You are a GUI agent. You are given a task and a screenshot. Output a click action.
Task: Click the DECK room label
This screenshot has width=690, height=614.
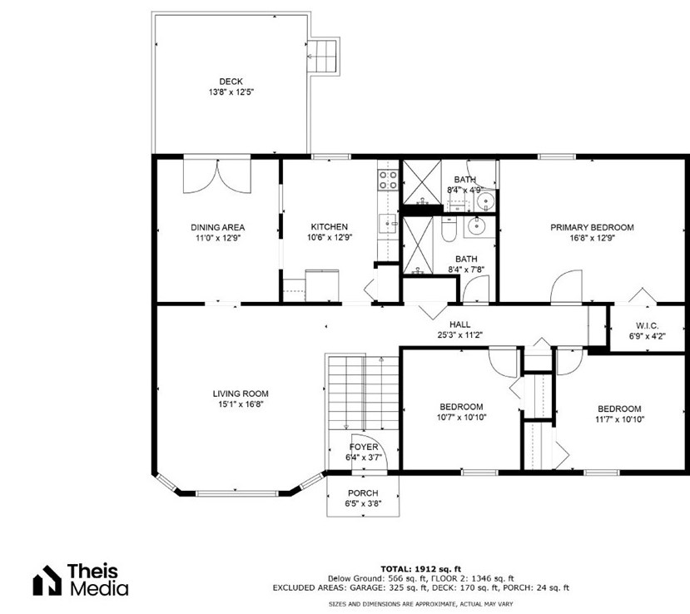pyautogui.click(x=231, y=82)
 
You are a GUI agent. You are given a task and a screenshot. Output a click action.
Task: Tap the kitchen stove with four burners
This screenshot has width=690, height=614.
pyautogui.click(x=388, y=181)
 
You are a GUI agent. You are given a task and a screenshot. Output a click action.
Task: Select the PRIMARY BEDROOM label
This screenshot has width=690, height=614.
pyautogui.click(x=592, y=227)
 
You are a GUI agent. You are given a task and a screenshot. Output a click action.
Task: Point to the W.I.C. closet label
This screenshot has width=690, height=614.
pyautogui.click(x=647, y=326)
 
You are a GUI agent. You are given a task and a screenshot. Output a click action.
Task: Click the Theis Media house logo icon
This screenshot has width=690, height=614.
pyautogui.click(x=47, y=580)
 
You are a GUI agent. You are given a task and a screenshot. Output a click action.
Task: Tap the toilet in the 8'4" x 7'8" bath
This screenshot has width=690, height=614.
pyautogui.click(x=449, y=229)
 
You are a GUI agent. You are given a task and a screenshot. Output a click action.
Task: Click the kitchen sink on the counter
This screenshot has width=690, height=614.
pyautogui.click(x=388, y=224)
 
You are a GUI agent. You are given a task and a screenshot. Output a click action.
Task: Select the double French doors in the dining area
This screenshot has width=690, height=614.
pyautogui.click(x=217, y=176)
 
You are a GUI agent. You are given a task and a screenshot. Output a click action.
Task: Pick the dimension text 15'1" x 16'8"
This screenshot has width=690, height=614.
pyautogui.click(x=241, y=404)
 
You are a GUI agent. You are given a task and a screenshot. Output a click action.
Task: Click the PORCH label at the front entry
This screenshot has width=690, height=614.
pyautogui.click(x=363, y=493)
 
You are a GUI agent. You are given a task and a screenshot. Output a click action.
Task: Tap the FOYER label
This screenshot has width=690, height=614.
pyautogui.click(x=364, y=448)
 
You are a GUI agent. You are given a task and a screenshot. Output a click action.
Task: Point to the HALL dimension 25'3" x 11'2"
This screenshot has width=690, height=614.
pyautogui.click(x=459, y=335)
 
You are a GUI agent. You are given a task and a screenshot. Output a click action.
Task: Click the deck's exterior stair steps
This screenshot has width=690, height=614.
pyautogui.click(x=322, y=56)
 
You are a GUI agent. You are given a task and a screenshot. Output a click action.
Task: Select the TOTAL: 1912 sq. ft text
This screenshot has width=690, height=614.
pyautogui.click(x=420, y=569)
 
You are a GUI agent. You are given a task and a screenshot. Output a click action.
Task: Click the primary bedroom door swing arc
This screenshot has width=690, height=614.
pyautogui.click(x=567, y=286)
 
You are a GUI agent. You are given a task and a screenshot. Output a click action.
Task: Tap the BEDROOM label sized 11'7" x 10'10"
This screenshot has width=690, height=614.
pyautogui.click(x=619, y=409)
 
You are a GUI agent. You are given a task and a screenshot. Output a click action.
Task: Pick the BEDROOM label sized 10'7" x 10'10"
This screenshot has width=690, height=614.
pyautogui.click(x=461, y=407)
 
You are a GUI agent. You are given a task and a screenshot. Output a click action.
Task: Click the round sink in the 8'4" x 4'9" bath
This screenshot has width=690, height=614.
pyautogui.click(x=486, y=201)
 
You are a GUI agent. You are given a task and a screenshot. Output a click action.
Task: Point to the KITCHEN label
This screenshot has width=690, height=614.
pyautogui.click(x=329, y=227)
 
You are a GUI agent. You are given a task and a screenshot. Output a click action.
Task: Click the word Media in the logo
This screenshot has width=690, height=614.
pyautogui.click(x=99, y=588)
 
